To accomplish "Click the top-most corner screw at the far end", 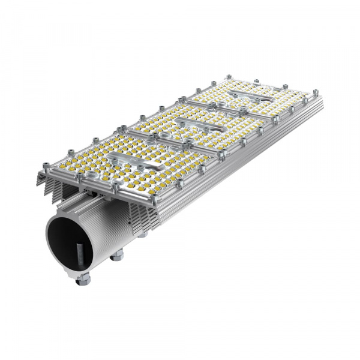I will pos(229,77).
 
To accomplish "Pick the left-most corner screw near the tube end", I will pos(44,163).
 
